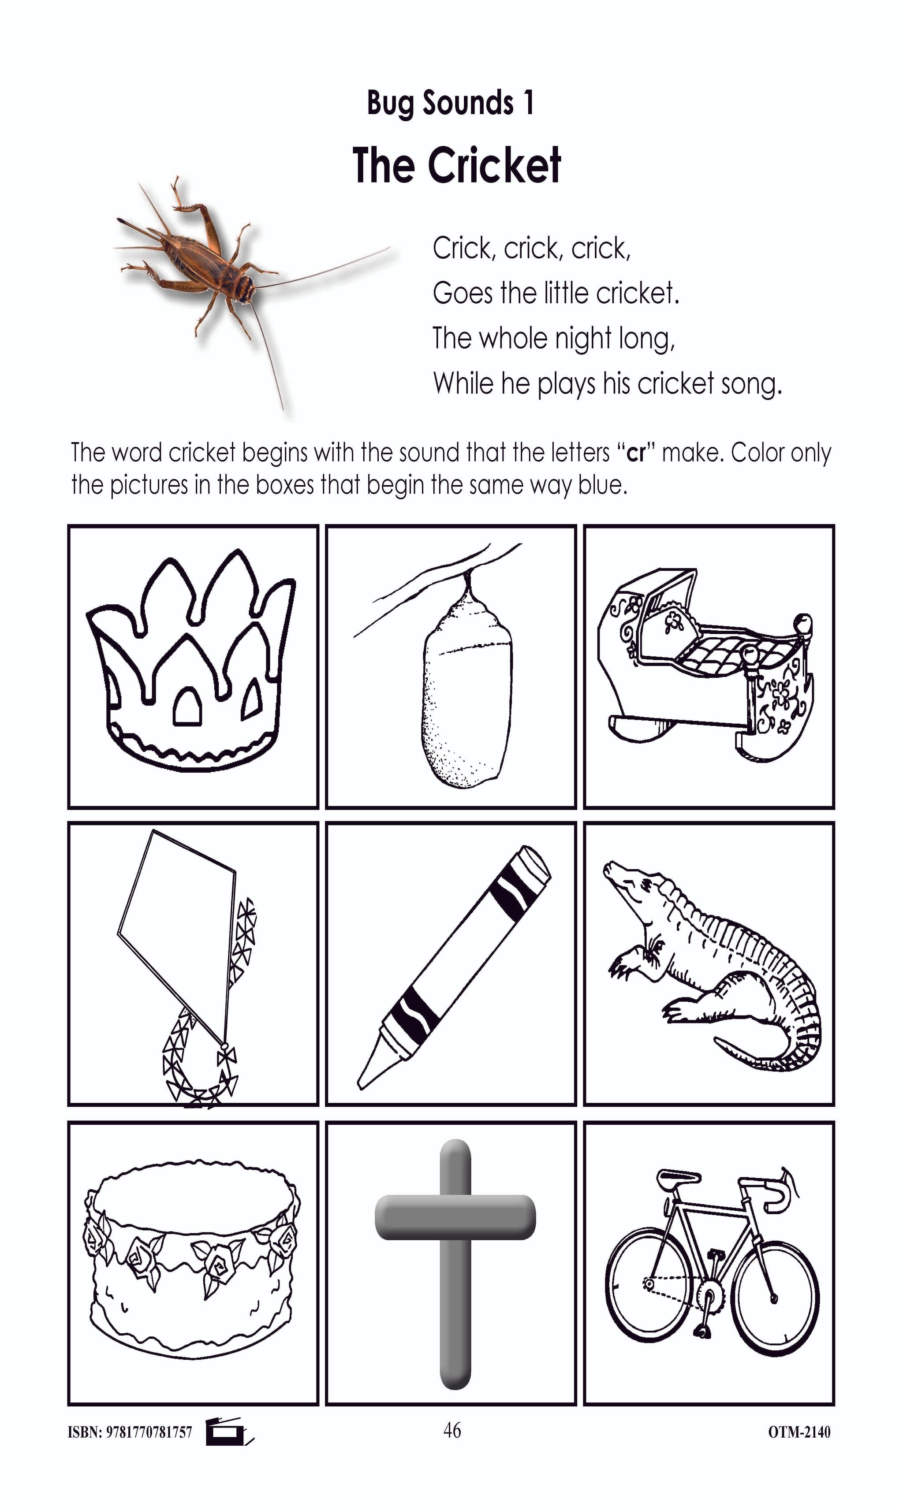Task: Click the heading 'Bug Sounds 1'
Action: point(450,103)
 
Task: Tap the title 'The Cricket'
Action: point(456,165)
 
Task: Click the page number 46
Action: point(452,1430)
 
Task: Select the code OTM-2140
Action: point(799,1432)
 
